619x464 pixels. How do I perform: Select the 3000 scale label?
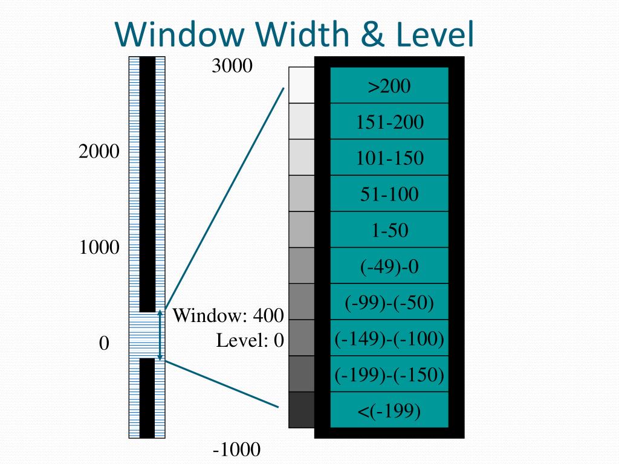[232, 65]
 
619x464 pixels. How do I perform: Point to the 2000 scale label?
[99, 152]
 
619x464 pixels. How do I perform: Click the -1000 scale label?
[236, 450]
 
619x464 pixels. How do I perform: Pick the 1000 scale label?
[99, 248]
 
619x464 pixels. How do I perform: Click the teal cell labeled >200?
[389, 86]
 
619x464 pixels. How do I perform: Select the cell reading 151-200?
[389, 122]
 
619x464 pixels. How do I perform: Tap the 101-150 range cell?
[389, 158]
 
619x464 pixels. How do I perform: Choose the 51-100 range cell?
[389, 194]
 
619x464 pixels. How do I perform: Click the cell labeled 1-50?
[389, 230]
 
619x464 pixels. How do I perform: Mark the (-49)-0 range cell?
[389, 266]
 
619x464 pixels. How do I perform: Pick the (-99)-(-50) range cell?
[389, 302]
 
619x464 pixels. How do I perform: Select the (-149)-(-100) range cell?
[389, 338]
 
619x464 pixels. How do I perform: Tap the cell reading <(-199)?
[389, 411]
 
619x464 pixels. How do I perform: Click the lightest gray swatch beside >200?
[302, 85]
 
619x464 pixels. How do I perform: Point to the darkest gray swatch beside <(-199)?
[302, 410]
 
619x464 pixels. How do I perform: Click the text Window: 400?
[228, 315]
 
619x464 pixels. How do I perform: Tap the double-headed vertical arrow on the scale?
[160, 335]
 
